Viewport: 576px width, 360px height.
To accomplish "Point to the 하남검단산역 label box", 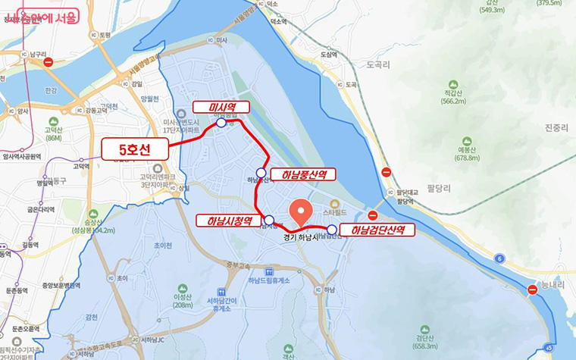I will click(x=377, y=230).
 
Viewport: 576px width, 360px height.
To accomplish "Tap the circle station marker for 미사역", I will click(x=221, y=122).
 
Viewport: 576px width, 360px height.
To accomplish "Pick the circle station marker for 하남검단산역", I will click(x=332, y=229).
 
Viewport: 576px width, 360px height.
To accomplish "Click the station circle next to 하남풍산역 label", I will click(x=261, y=173).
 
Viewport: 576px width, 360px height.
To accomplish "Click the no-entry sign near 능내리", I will click(x=532, y=290).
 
